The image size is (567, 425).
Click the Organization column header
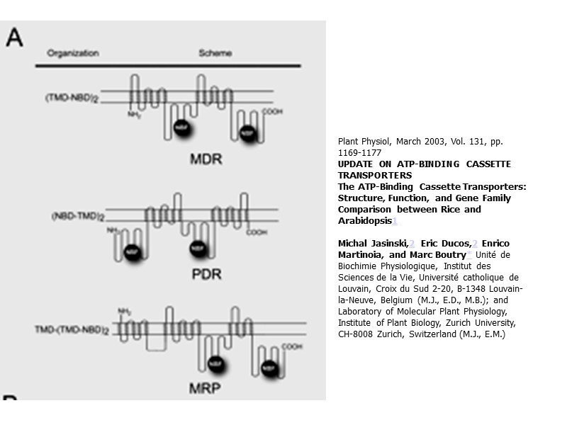click(73, 54)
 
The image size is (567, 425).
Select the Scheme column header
click(215, 54)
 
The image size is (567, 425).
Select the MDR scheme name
click(206, 159)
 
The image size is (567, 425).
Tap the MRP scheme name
click(205, 388)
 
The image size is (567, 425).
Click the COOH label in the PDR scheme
click(256, 232)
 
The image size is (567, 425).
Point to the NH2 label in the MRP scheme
click(124, 311)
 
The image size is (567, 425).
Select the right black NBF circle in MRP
click(269, 369)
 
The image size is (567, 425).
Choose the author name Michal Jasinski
click(372, 244)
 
